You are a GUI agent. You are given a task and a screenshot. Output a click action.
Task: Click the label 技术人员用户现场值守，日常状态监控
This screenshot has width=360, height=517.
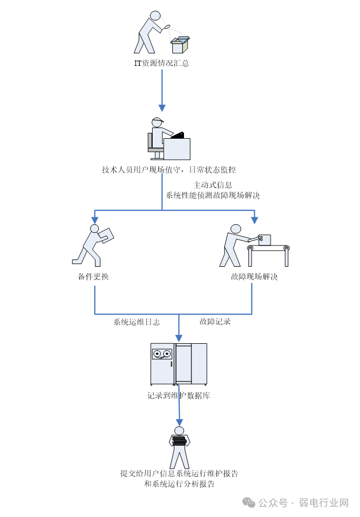click(x=169, y=170)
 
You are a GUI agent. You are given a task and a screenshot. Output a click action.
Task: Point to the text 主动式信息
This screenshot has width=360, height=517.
click(x=213, y=185)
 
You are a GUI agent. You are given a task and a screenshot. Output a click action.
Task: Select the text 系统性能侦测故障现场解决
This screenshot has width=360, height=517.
click(x=213, y=195)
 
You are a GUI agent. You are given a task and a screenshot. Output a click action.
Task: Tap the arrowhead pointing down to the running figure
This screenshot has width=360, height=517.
click(x=95, y=219)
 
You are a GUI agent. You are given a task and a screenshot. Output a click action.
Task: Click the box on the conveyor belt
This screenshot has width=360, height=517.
click(x=264, y=240)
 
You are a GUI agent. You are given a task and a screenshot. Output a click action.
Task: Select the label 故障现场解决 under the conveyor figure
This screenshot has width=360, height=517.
click(x=254, y=277)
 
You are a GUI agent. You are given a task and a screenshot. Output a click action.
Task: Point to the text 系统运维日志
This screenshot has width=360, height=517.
click(x=137, y=321)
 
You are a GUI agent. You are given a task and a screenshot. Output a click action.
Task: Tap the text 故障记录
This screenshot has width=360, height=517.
click(x=215, y=321)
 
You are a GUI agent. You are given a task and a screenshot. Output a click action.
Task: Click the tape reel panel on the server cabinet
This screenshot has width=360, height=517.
click(x=162, y=354)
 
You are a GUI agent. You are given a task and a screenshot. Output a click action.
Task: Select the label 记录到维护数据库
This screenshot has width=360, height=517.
click(x=179, y=396)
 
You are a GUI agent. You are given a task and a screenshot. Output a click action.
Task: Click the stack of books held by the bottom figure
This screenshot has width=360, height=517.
click(x=179, y=440)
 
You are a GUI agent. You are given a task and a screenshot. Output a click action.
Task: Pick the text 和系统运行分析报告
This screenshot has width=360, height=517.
click(x=179, y=484)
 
